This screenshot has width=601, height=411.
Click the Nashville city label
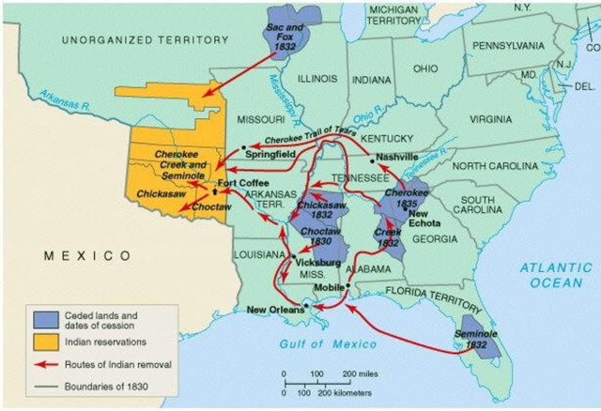[x=395, y=157]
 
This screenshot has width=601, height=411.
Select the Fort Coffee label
[x=242, y=183]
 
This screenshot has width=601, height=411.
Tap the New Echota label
[x=424, y=221]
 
